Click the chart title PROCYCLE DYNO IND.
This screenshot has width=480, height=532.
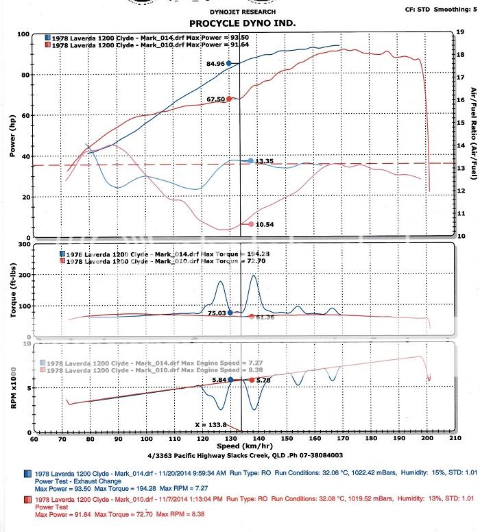coord(239,23)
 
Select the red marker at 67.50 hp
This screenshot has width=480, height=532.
coord(229,99)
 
